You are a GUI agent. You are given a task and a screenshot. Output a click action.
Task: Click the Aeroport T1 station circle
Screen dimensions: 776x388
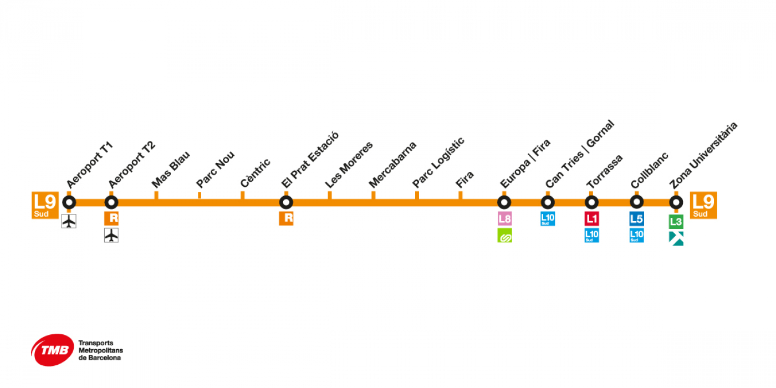pos(69,202)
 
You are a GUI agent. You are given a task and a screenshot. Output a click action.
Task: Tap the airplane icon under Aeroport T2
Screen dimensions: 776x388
pos(111,235)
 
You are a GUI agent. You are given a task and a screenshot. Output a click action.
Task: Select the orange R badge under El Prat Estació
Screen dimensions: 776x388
pos(286,218)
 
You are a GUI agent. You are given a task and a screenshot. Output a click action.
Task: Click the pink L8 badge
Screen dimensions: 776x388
pos(504,218)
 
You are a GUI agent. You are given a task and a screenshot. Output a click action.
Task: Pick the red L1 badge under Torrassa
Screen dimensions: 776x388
pos(592,218)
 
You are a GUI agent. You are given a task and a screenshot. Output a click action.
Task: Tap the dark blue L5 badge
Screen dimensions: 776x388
pos(637,218)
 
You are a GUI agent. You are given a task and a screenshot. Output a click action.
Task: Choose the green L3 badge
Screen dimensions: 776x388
pos(676,222)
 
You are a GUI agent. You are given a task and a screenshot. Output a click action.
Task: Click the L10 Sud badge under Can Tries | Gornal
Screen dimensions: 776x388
pos(548,218)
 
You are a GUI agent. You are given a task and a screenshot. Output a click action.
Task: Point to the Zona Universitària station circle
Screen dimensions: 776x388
pos(676,202)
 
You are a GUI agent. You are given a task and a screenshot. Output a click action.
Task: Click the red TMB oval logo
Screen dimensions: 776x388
pos(53,350)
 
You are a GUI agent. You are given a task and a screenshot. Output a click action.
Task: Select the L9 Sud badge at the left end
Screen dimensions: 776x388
pos(45,205)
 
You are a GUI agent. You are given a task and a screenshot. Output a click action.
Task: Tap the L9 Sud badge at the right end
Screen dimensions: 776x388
pos(703,205)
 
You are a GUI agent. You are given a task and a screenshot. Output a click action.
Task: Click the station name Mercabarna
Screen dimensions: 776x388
pos(392,165)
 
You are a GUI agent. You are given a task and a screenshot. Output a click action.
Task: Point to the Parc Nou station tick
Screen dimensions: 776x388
pos(200,195)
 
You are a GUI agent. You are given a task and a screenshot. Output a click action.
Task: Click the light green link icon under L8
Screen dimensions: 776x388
pos(504,235)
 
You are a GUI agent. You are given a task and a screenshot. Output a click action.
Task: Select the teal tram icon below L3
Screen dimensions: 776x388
pos(676,239)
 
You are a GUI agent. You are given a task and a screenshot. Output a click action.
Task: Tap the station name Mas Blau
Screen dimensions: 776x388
pos(171,170)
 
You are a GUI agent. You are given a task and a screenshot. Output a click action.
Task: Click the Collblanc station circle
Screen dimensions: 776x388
pos(637,202)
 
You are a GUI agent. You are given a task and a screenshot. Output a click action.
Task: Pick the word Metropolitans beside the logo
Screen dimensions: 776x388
pos(101,350)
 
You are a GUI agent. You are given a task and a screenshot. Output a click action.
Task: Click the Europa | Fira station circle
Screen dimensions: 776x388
pos(504,202)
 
